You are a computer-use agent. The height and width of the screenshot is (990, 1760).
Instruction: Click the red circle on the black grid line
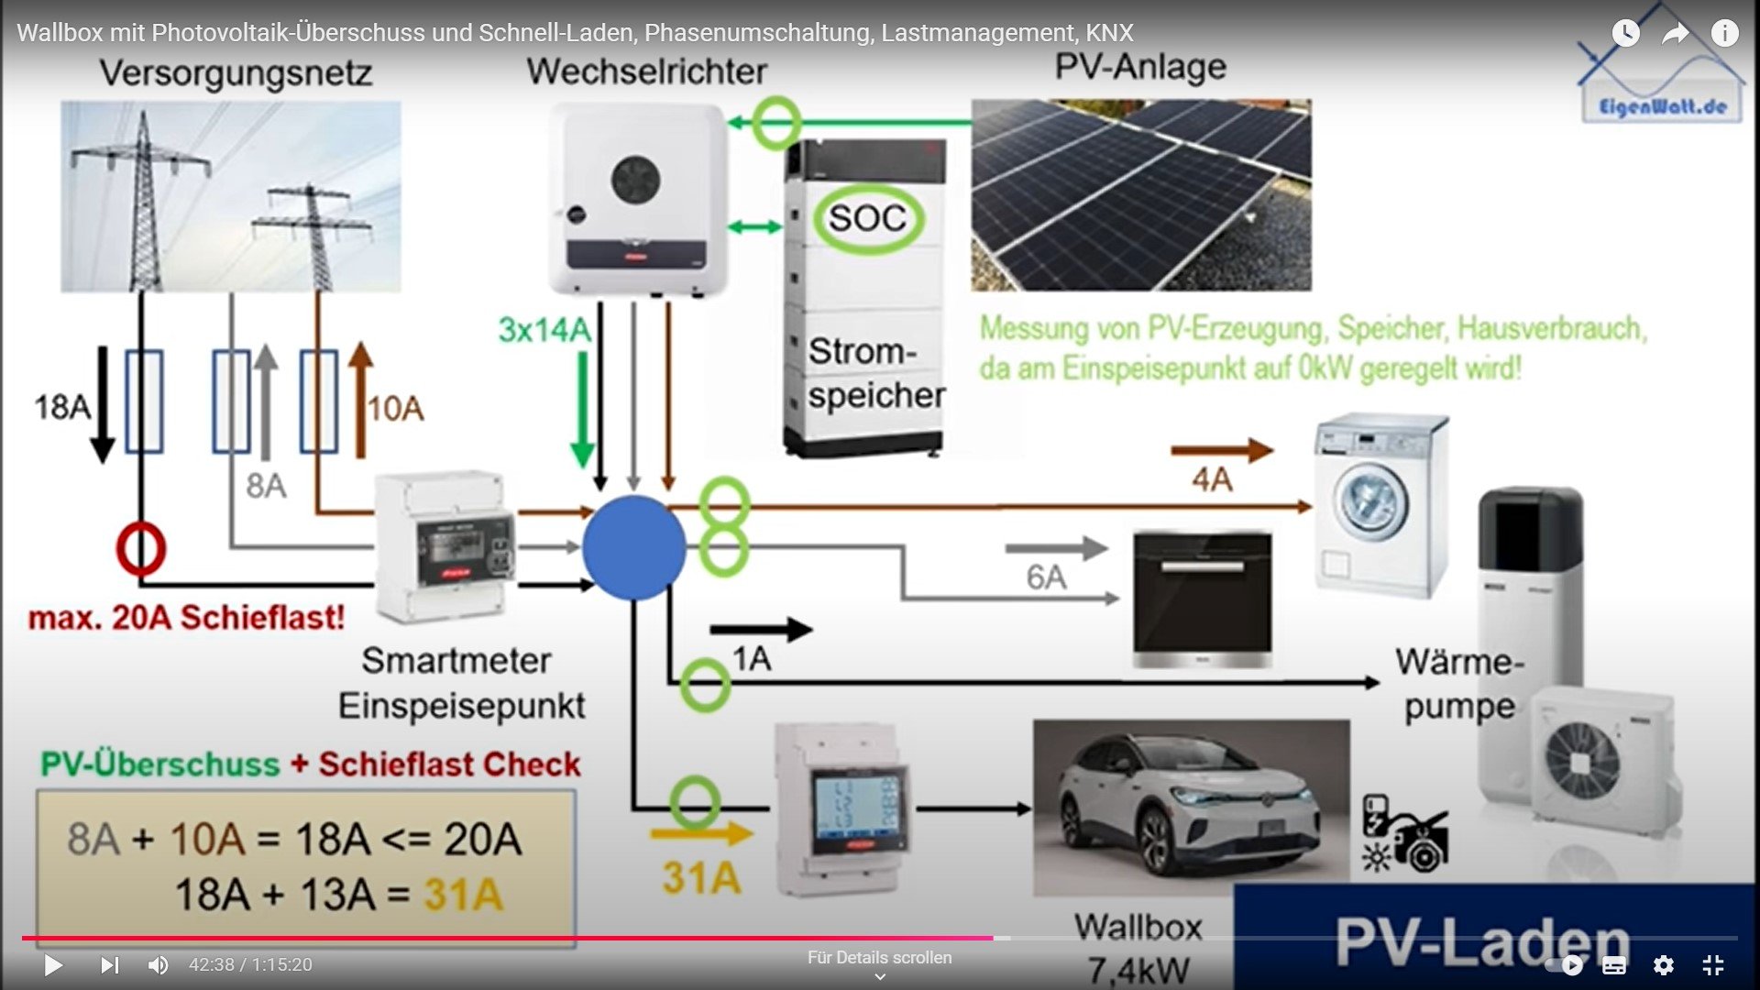(x=140, y=548)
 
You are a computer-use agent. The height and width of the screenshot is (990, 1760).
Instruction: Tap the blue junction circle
(x=633, y=547)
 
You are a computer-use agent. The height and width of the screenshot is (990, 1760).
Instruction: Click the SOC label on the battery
(x=867, y=218)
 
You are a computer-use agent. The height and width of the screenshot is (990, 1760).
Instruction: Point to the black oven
(x=1202, y=599)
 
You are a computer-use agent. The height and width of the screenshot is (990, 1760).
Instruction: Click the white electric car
(x=1190, y=807)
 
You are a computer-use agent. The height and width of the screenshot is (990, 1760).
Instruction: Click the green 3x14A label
(x=544, y=330)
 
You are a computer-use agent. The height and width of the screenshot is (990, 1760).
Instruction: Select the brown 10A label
(x=396, y=409)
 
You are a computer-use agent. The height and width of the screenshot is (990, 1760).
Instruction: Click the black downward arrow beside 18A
(x=103, y=403)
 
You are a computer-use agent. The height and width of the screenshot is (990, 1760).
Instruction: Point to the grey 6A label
(x=1046, y=577)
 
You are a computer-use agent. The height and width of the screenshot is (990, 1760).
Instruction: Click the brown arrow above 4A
(x=1222, y=450)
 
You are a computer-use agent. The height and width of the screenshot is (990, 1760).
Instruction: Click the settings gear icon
(x=1663, y=964)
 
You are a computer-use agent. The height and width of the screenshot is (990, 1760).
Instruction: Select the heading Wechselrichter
(x=646, y=71)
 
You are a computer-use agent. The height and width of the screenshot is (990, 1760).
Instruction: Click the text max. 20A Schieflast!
(x=186, y=618)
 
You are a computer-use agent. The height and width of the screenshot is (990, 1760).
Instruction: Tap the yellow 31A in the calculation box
(x=463, y=895)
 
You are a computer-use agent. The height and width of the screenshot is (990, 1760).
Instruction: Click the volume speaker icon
(x=158, y=964)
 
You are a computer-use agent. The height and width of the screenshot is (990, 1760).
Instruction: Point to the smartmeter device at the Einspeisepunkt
(x=445, y=547)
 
